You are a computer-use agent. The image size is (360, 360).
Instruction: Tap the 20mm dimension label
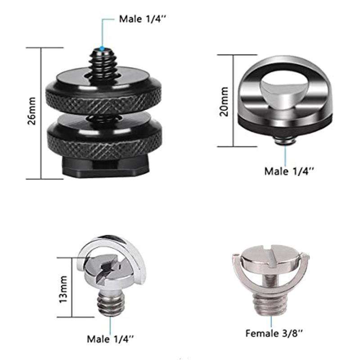[x=224, y=102]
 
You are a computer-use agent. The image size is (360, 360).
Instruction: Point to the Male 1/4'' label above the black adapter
[x=140, y=19]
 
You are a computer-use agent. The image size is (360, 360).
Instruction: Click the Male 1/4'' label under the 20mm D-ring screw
[x=288, y=171]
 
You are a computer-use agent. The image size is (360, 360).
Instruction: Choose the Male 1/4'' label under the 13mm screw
[x=111, y=338]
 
